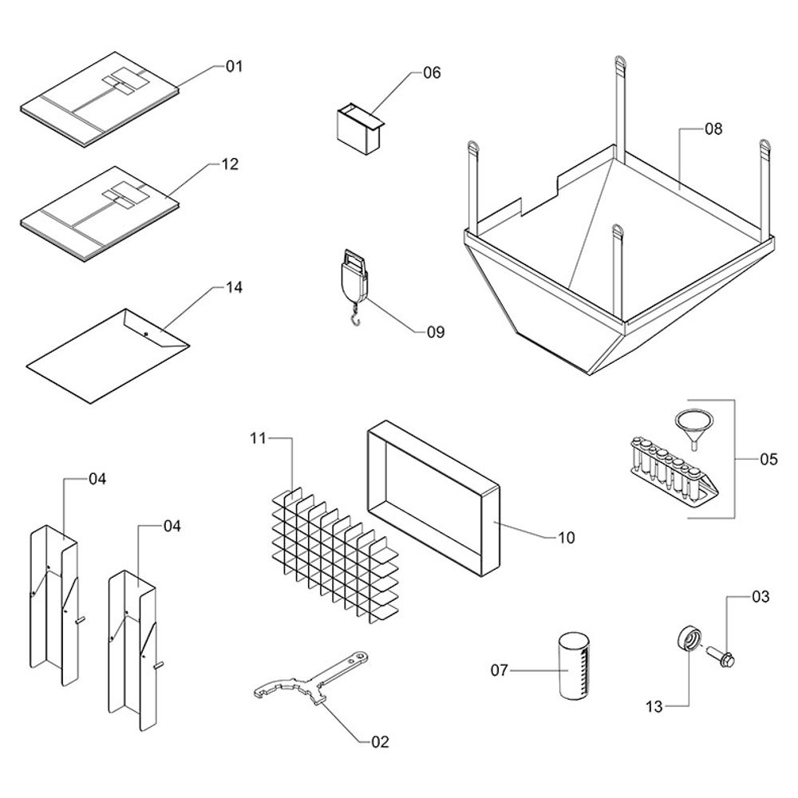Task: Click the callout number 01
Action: coord(233,66)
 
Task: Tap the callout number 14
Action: coord(234,286)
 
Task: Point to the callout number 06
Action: coord(431,73)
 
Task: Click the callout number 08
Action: coord(713,128)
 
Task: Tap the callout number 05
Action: coord(768,459)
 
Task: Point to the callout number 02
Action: coord(380,742)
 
